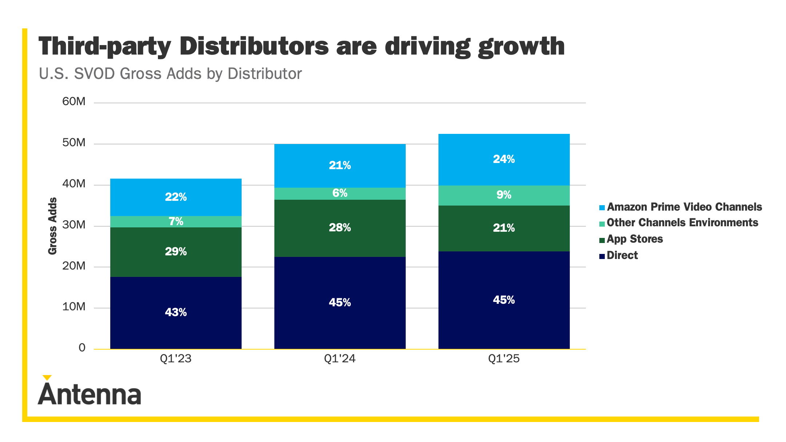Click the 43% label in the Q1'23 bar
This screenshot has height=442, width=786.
[176, 312]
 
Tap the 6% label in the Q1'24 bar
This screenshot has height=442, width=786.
[340, 193]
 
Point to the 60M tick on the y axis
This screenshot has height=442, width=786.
[74, 101]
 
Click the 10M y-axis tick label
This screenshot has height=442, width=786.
[74, 307]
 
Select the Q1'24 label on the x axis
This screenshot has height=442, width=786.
[340, 359]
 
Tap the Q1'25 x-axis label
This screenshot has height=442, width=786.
[504, 359]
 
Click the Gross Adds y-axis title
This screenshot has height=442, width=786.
[53, 226]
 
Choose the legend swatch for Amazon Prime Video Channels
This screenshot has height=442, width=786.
[602, 208]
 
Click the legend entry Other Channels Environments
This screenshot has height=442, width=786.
[682, 223]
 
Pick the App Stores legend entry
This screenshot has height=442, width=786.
[635, 239]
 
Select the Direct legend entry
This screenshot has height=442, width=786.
[622, 255]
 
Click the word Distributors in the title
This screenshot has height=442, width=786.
[254, 47]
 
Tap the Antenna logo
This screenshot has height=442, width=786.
[89, 394]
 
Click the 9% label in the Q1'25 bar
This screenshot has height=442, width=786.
[504, 195]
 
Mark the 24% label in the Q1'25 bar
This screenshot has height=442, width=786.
[504, 159]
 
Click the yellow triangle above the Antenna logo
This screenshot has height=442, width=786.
[47, 378]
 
